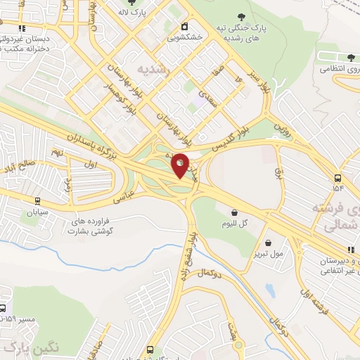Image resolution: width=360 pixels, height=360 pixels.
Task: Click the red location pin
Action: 181,165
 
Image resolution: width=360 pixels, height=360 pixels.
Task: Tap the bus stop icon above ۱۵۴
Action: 338,177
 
